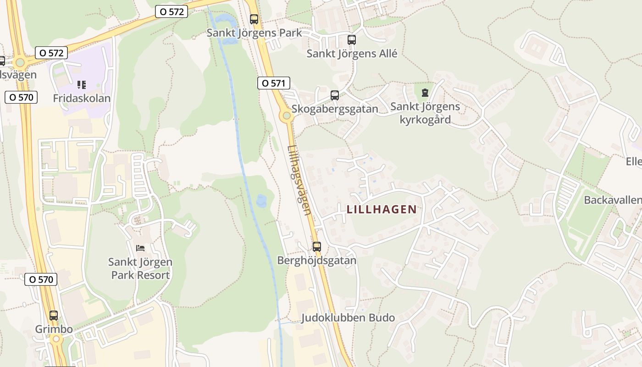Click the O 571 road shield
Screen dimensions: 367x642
pos(274,83)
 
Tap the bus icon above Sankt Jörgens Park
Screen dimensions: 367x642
pos(254,19)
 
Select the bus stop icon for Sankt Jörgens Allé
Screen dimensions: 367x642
pos(352,40)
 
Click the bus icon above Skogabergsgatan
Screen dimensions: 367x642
pos(335,95)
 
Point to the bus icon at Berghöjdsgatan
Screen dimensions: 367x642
pos(316,247)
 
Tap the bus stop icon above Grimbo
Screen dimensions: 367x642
pos(54,316)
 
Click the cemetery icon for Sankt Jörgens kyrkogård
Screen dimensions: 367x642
pos(425,93)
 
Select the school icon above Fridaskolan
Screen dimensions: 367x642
pos(82,85)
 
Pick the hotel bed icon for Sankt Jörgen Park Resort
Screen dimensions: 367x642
pos(140,248)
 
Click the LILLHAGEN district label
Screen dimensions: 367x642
pos(382,210)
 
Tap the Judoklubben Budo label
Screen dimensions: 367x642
pos(348,318)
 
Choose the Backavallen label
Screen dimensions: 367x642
pos(612,200)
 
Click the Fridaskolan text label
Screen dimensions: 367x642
pos(82,98)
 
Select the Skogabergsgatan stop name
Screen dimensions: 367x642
pos(335,109)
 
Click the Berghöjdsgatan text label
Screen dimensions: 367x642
pos(316,261)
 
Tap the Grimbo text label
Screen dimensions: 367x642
pos(54,329)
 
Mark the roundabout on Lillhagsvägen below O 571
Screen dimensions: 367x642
pos(287,116)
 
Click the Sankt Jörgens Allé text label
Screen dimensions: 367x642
pos(352,53)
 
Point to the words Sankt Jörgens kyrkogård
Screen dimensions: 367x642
pos(425,113)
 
